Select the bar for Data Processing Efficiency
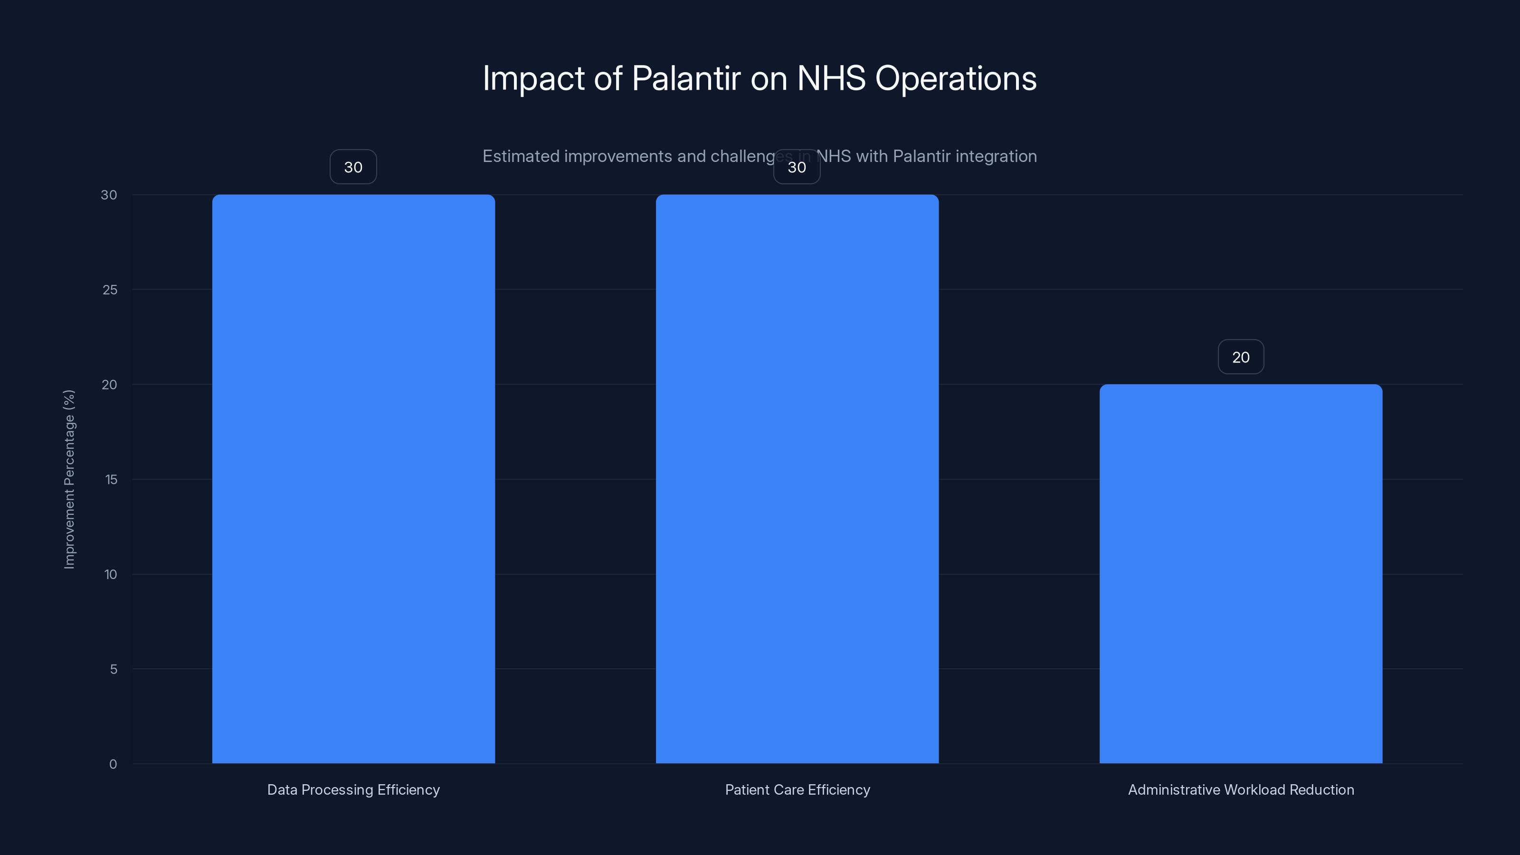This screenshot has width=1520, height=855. [x=353, y=478]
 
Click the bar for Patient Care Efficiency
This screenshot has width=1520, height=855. [x=797, y=478]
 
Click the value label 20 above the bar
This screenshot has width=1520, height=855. [x=1240, y=357]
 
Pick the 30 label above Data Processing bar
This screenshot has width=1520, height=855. [x=353, y=167]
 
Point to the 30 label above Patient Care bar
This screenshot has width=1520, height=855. [x=797, y=167]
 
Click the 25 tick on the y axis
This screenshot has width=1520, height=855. [x=110, y=290]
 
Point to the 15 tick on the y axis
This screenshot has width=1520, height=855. [x=111, y=480]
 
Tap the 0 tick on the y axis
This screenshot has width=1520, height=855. [x=113, y=764]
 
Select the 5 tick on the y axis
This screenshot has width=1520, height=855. [x=114, y=669]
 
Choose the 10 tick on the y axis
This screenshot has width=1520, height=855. [x=110, y=575]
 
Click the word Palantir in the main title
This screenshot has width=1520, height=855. [x=685, y=78]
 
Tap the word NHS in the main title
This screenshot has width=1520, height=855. [x=831, y=78]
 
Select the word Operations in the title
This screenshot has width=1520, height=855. [x=955, y=78]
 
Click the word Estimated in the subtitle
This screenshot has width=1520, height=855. [x=521, y=156]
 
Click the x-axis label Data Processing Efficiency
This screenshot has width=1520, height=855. [x=353, y=789]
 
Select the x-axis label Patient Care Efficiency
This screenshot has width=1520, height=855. [x=797, y=789]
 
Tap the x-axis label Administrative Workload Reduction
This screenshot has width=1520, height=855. [x=1240, y=789]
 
